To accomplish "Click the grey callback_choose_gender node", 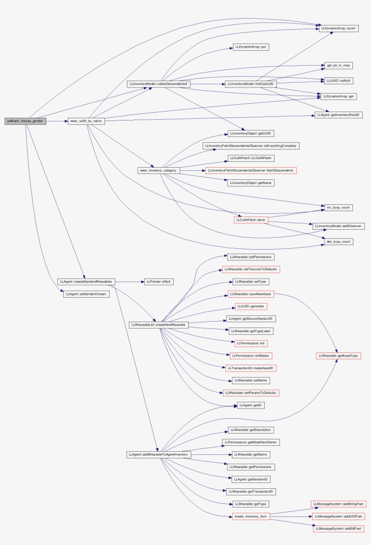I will tap(25, 121).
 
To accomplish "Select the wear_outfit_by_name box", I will tap(85, 121).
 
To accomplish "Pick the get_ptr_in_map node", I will tap(338, 66).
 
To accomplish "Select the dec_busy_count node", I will tap(338, 241).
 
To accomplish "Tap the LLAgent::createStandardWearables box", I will tap(86, 281).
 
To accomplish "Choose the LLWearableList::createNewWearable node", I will tap(158, 325).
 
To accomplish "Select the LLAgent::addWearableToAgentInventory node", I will tap(159, 454).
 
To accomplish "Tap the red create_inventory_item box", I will tap(251, 516).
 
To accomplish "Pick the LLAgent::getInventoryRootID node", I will tap(339, 115).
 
